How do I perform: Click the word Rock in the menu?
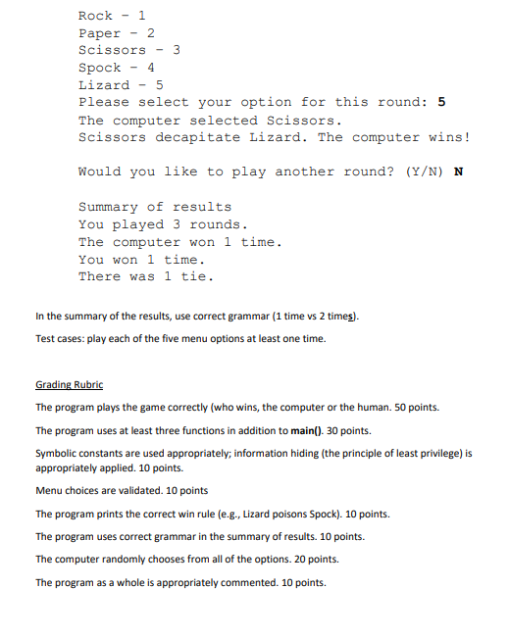pos(95,16)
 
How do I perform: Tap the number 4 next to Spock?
pos(151,68)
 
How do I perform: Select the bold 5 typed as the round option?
pos(441,102)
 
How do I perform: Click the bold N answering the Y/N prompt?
pos(458,172)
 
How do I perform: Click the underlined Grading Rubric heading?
pos(69,384)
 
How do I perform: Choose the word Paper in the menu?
pos(99,33)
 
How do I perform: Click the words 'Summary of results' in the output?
pos(155,207)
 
